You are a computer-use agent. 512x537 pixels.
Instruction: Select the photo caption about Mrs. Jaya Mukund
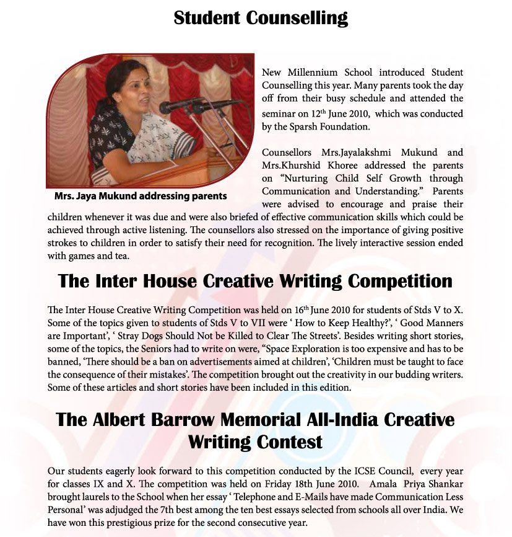pos(141,196)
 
